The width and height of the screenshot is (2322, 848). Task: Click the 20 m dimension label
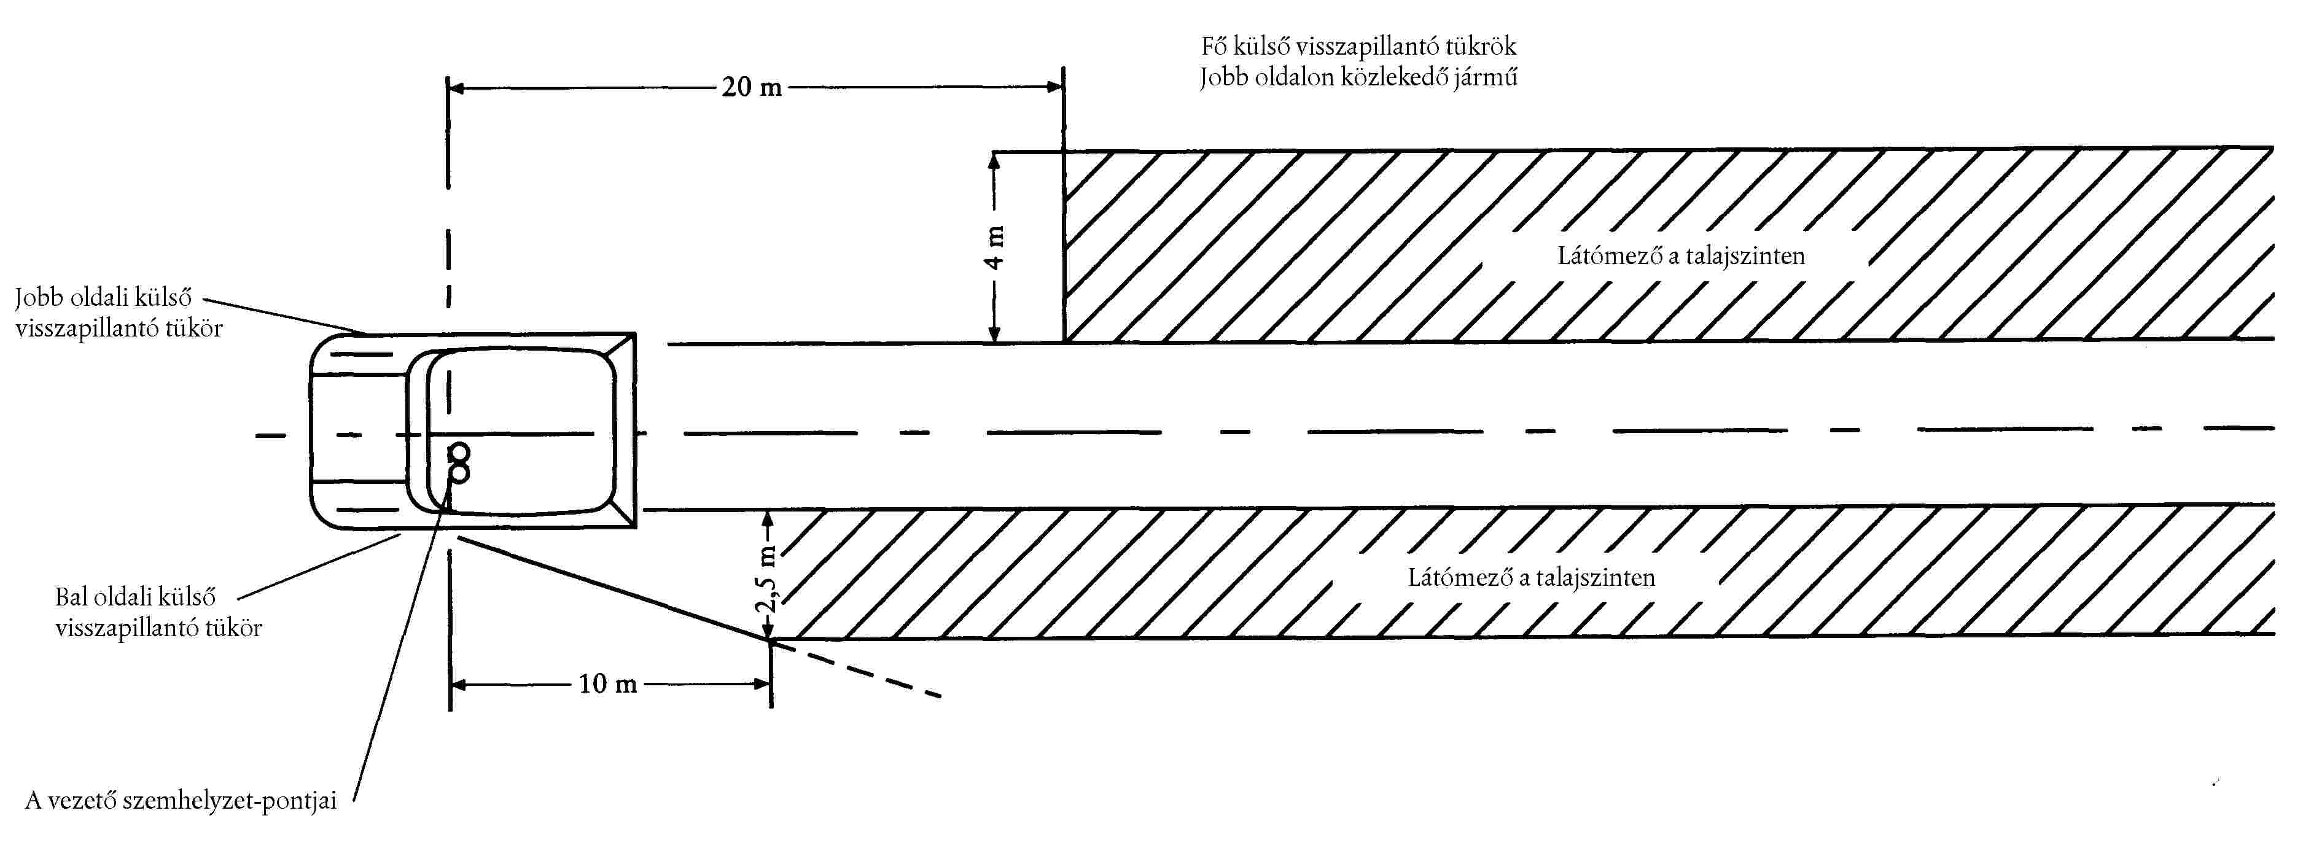click(x=752, y=87)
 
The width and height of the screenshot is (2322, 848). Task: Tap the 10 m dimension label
click(x=607, y=684)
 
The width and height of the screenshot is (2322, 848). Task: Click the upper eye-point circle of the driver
click(x=459, y=453)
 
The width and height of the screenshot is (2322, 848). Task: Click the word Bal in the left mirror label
click(x=72, y=597)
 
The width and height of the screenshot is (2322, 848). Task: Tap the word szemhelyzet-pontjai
click(x=229, y=800)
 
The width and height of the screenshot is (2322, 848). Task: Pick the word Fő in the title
click(x=1214, y=46)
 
